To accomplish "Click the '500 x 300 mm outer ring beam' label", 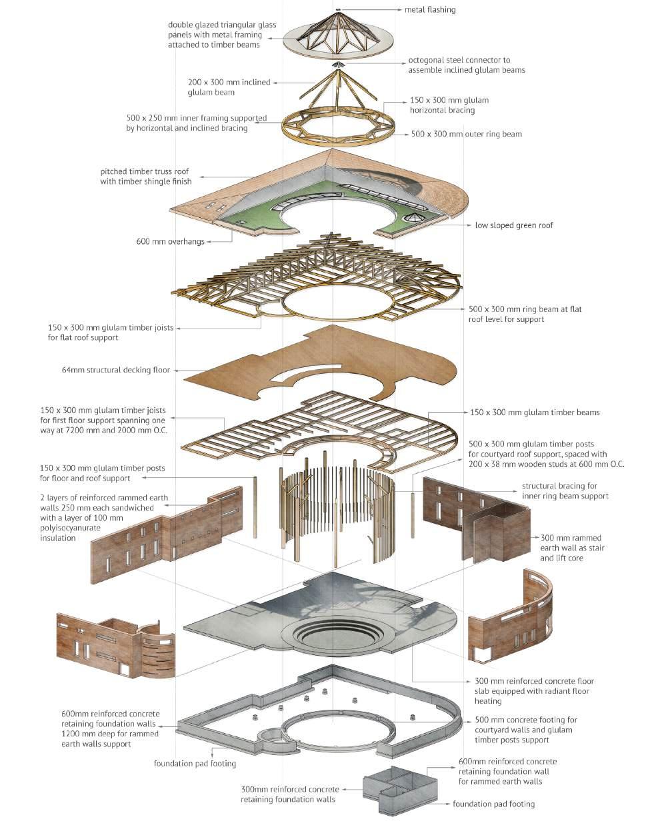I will [x=466, y=134].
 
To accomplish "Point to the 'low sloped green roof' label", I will [x=513, y=225].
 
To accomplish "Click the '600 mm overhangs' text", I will [x=170, y=241].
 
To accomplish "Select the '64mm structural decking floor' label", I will [x=115, y=369].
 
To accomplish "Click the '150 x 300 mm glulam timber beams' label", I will [x=535, y=413].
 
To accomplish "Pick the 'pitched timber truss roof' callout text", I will [x=146, y=176].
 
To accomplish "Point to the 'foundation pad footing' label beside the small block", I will [x=493, y=804].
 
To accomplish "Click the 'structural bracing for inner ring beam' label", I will [x=565, y=490].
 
